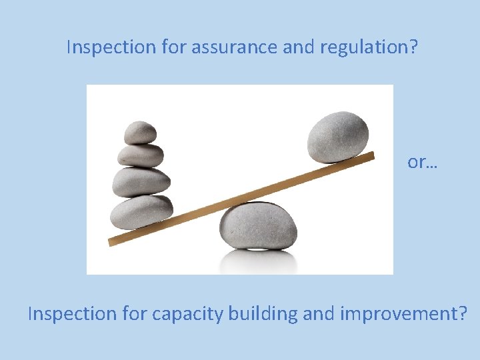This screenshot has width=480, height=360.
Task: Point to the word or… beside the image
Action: [423, 162]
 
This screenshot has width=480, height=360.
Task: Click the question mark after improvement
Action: [463, 313]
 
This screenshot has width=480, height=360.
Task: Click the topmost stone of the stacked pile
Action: [141, 132]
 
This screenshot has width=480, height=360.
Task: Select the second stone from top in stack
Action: [141, 155]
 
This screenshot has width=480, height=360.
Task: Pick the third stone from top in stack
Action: [141, 181]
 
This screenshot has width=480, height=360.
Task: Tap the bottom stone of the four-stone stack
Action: [141, 211]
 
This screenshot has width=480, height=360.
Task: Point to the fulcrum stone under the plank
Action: [259, 226]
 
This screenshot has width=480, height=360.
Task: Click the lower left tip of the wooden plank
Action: [113, 241]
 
